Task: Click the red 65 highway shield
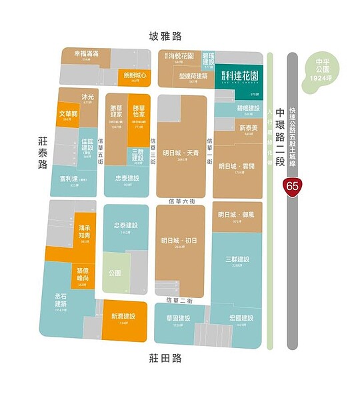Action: (x=292, y=186)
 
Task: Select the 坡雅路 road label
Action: (x=165, y=36)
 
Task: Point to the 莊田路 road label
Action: (x=165, y=359)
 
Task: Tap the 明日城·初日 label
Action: (x=179, y=241)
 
